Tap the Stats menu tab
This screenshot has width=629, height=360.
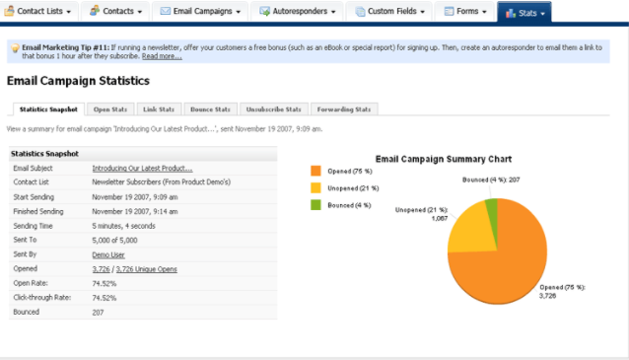pos(524,12)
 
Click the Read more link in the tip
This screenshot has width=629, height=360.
pos(162,56)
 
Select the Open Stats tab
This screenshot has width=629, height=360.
pos(113,108)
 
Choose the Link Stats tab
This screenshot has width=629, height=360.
pos(159,108)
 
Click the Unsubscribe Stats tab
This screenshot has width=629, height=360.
pos(274,108)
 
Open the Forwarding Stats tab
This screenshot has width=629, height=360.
pos(345,108)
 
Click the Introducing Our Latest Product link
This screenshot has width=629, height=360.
pos(142,169)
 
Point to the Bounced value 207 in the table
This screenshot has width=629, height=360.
pos(99,312)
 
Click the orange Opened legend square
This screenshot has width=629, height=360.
pos(316,171)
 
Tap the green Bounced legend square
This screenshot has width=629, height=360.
pos(316,204)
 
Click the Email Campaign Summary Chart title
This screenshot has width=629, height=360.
pos(443,158)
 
